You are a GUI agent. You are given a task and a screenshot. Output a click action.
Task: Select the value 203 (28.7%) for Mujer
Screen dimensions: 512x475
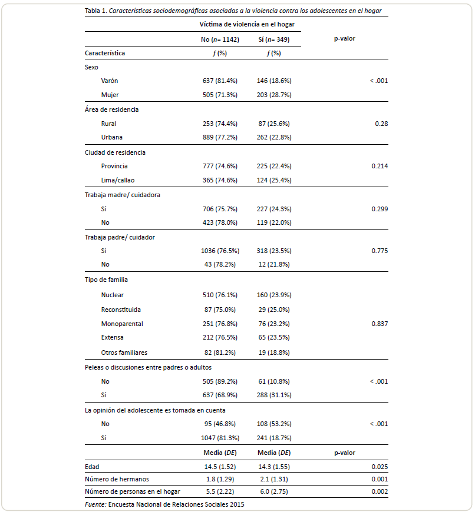(274, 95)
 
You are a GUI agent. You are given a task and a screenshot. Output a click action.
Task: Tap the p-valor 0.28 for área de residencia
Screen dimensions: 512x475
(381, 124)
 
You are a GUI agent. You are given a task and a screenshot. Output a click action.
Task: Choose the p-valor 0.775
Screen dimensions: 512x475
(380, 251)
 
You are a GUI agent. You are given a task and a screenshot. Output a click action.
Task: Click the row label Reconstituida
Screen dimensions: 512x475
(121, 310)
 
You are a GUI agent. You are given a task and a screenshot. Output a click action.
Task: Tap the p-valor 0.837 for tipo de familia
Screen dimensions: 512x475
(380, 324)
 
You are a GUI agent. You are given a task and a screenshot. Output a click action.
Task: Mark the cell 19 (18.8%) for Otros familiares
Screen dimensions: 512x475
(274, 353)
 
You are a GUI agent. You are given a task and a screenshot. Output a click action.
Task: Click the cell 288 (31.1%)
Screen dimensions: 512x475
(274, 395)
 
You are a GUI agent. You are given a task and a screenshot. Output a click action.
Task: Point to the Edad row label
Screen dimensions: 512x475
(92, 467)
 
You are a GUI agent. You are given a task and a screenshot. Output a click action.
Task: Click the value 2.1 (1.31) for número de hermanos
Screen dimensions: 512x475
(274, 479)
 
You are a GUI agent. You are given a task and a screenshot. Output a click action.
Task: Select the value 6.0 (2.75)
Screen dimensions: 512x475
(274, 491)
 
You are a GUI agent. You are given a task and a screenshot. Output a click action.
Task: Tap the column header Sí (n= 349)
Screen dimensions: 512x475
(274, 39)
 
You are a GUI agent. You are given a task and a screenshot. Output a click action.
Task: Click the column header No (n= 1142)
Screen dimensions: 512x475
(220, 39)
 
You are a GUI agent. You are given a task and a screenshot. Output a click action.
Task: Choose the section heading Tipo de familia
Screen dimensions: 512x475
(107, 280)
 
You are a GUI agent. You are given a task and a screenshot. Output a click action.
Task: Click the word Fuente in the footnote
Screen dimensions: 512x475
(95, 504)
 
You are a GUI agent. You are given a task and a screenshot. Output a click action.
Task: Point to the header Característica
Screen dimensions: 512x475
(105, 53)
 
